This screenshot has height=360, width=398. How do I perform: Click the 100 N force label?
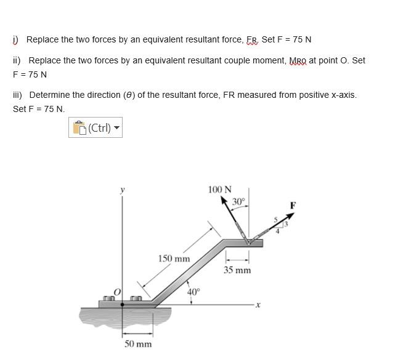click(x=220, y=190)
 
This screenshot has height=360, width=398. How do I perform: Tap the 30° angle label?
click(x=238, y=201)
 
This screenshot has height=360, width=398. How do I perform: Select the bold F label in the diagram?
click(x=293, y=205)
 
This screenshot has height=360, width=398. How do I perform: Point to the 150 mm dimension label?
click(x=174, y=258)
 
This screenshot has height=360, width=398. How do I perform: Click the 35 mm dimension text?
click(x=237, y=270)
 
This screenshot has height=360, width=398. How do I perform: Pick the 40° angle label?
click(x=193, y=292)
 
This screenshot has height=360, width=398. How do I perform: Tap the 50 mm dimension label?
click(x=137, y=343)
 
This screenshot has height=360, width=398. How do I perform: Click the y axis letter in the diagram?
click(x=121, y=191)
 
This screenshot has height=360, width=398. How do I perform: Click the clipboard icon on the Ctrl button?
click(x=79, y=128)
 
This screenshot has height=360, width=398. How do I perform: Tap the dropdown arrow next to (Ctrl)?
click(x=116, y=129)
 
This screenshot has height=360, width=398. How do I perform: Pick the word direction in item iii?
click(x=102, y=95)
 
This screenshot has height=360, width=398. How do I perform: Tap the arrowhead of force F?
click(x=292, y=215)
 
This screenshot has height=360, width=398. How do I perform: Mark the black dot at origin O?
click(x=122, y=304)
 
